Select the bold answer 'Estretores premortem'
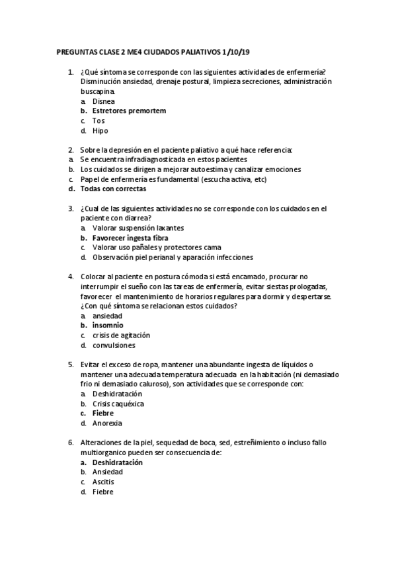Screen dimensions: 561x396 pyautogui.click(x=129, y=111)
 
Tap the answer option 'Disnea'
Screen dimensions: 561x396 pyautogui.click(x=104, y=101)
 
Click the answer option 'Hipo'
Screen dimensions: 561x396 pyautogui.click(x=100, y=130)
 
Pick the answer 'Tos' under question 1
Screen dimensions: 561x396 pyautogui.click(x=99, y=121)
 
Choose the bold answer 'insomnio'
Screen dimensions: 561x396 pyautogui.click(x=108, y=325)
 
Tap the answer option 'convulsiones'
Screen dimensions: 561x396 pyautogui.click(x=114, y=345)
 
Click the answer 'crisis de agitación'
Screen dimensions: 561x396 pyautogui.click(x=121, y=335)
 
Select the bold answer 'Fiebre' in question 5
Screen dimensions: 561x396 pyautogui.click(x=102, y=413)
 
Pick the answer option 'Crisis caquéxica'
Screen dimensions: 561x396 pyautogui.click(x=118, y=404)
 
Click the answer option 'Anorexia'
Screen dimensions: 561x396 pyautogui.click(x=107, y=423)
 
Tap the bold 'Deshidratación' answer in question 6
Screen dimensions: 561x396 pyautogui.click(x=118, y=462)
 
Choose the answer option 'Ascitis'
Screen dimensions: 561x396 pyautogui.click(x=103, y=482)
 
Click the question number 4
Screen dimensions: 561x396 pyautogui.click(x=71, y=277)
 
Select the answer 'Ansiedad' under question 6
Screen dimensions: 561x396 pyautogui.click(x=108, y=472)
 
